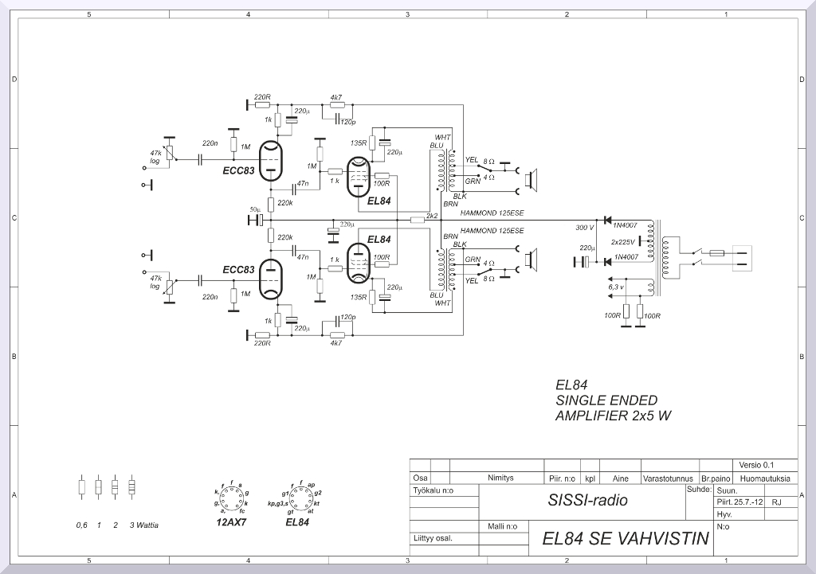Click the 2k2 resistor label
433,215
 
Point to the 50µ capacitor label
256,209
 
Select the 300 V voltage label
584,228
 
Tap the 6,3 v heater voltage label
616,286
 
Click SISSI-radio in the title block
587,501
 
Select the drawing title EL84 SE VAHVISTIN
625,539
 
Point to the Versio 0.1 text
756,465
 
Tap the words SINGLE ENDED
606,400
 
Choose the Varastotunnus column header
669,478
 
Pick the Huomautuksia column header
764,478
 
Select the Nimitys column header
500,478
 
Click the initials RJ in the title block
777,502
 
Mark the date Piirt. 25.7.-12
740,502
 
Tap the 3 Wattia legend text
144,525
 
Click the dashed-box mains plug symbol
741,258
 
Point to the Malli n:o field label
502,526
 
